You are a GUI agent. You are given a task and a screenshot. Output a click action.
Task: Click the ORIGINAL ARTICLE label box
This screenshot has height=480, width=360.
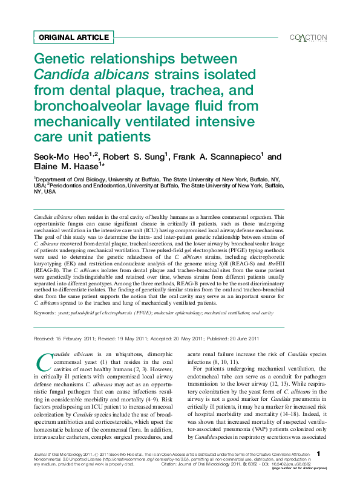(x=73, y=37)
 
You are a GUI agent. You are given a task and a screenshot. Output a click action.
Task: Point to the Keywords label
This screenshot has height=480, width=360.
(x=44, y=313)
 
